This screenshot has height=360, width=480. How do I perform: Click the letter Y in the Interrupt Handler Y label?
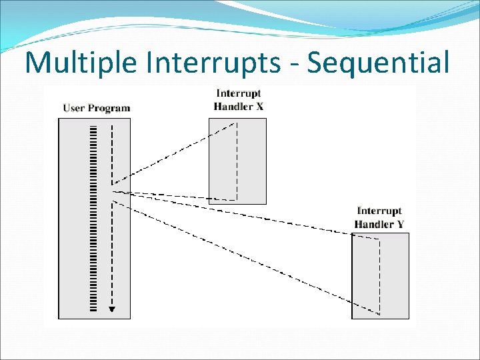pyautogui.click(x=399, y=224)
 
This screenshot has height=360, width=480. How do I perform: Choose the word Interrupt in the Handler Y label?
pyautogui.click(x=379, y=211)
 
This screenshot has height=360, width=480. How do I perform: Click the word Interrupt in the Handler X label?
pyautogui.click(x=238, y=94)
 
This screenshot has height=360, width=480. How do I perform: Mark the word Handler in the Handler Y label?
pyautogui.click(x=374, y=224)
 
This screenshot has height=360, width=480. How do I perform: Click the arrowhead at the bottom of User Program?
pyautogui.click(x=112, y=308)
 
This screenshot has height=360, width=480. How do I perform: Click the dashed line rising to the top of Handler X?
pyautogui.click(x=173, y=154)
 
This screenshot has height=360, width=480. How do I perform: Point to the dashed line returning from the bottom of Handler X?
pyautogui.click(x=173, y=195)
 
